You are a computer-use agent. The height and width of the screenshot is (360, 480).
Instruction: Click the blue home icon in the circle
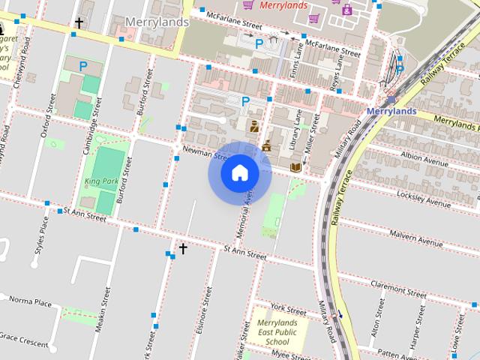pyautogui.click(x=239, y=173)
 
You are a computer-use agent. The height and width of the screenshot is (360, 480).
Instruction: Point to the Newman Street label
pyautogui.click(x=204, y=154)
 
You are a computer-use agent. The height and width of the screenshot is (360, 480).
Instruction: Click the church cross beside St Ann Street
pyautogui.click(x=182, y=247)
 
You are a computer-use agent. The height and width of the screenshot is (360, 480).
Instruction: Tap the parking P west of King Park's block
pyautogui.click(x=83, y=67)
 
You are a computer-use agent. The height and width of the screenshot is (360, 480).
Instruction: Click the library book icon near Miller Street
pyautogui.click(x=295, y=166)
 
